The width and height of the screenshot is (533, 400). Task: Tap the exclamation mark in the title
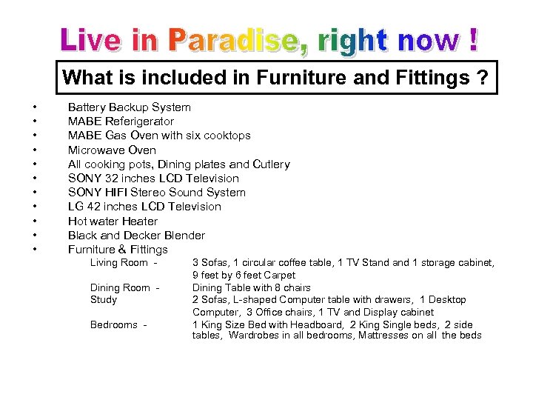pyautogui.click(x=472, y=41)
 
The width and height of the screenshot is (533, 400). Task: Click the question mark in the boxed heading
pyautogui.click(x=483, y=78)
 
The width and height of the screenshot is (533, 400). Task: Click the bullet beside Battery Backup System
pyautogui.click(x=34, y=107)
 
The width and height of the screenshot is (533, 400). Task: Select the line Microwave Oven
pyautogui.click(x=112, y=150)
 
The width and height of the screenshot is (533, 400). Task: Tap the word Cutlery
pyautogui.click(x=270, y=164)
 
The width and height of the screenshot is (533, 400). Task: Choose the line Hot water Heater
pyautogui.click(x=113, y=221)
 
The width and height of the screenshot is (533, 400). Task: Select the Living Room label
pyautogui.click(x=119, y=263)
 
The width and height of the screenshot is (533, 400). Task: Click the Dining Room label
pyautogui.click(x=120, y=287)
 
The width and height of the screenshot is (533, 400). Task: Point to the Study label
pyautogui.click(x=104, y=300)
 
